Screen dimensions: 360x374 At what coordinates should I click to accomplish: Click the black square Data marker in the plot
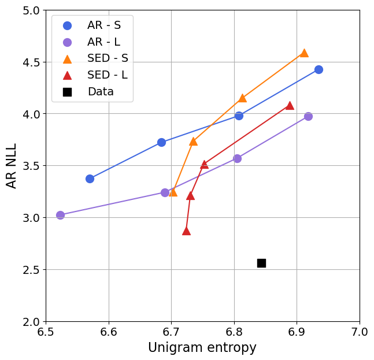click(261, 263)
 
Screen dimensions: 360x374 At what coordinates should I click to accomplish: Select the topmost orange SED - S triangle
click(304, 53)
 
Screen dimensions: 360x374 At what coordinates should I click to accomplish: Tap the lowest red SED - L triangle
click(186, 231)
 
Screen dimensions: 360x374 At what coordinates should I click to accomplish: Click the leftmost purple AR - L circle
click(60, 215)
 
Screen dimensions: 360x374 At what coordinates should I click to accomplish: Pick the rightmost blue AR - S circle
click(319, 69)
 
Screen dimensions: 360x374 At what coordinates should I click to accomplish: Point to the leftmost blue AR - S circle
click(90, 179)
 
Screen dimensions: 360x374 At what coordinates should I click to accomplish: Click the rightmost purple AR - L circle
click(308, 116)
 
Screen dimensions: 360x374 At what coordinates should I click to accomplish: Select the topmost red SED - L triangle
click(290, 105)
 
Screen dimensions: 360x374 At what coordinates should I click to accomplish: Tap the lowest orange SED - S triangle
click(173, 191)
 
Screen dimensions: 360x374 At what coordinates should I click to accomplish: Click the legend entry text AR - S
click(104, 25)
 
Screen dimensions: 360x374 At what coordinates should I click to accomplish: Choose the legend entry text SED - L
click(108, 75)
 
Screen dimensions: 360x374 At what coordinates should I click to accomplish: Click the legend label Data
click(101, 92)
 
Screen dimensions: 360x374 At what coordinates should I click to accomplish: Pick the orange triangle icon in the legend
click(67, 58)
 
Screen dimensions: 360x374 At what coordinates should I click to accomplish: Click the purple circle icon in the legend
click(67, 42)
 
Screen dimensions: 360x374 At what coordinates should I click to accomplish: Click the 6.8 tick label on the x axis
click(234, 332)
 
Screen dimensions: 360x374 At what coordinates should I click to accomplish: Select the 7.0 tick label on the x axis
click(359, 332)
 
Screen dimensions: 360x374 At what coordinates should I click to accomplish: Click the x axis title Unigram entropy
click(202, 348)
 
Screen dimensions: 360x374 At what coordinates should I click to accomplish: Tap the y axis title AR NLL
click(12, 165)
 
